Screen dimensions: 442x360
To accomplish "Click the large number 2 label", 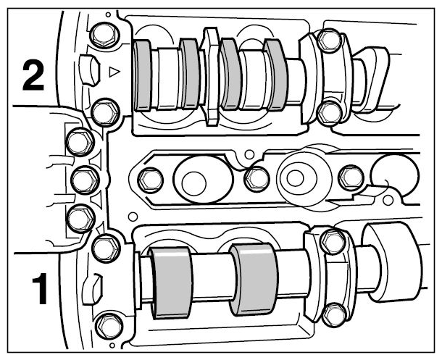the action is pyautogui.click(x=33, y=76).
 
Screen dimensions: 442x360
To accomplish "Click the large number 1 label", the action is pyautogui.click(x=40, y=288).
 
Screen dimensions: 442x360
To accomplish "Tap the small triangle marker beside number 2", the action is pyautogui.click(x=114, y=72).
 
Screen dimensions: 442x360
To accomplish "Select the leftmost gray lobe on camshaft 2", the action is pyautogui.click(x=143, y=75).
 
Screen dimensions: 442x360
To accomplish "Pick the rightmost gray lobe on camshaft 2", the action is pyautogui.click(x=276, y=75).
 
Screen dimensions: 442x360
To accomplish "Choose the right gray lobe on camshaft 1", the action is pyautogui.click(x=254, y=279).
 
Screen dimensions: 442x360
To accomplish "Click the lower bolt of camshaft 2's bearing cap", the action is pyautogui.click(x=330, y=113).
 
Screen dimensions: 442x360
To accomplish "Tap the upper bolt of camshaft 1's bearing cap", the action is pyautogui.click(x=333, y=241).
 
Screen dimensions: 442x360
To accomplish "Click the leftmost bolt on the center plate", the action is pyautogui.click(x=151, y=180).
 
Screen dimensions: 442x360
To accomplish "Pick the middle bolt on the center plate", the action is pyautogui.click(x=257, y=179).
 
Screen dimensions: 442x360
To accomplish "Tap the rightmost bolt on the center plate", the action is pyautogui.click(x=351, y=177).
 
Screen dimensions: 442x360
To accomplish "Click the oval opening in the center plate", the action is pyautogui.click(x=204, y=180).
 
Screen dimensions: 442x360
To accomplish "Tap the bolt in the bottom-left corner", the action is pyautogui.click(x=108, y=325).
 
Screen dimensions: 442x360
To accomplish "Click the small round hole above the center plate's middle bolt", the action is pyautogui.click(x=249, y=154).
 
